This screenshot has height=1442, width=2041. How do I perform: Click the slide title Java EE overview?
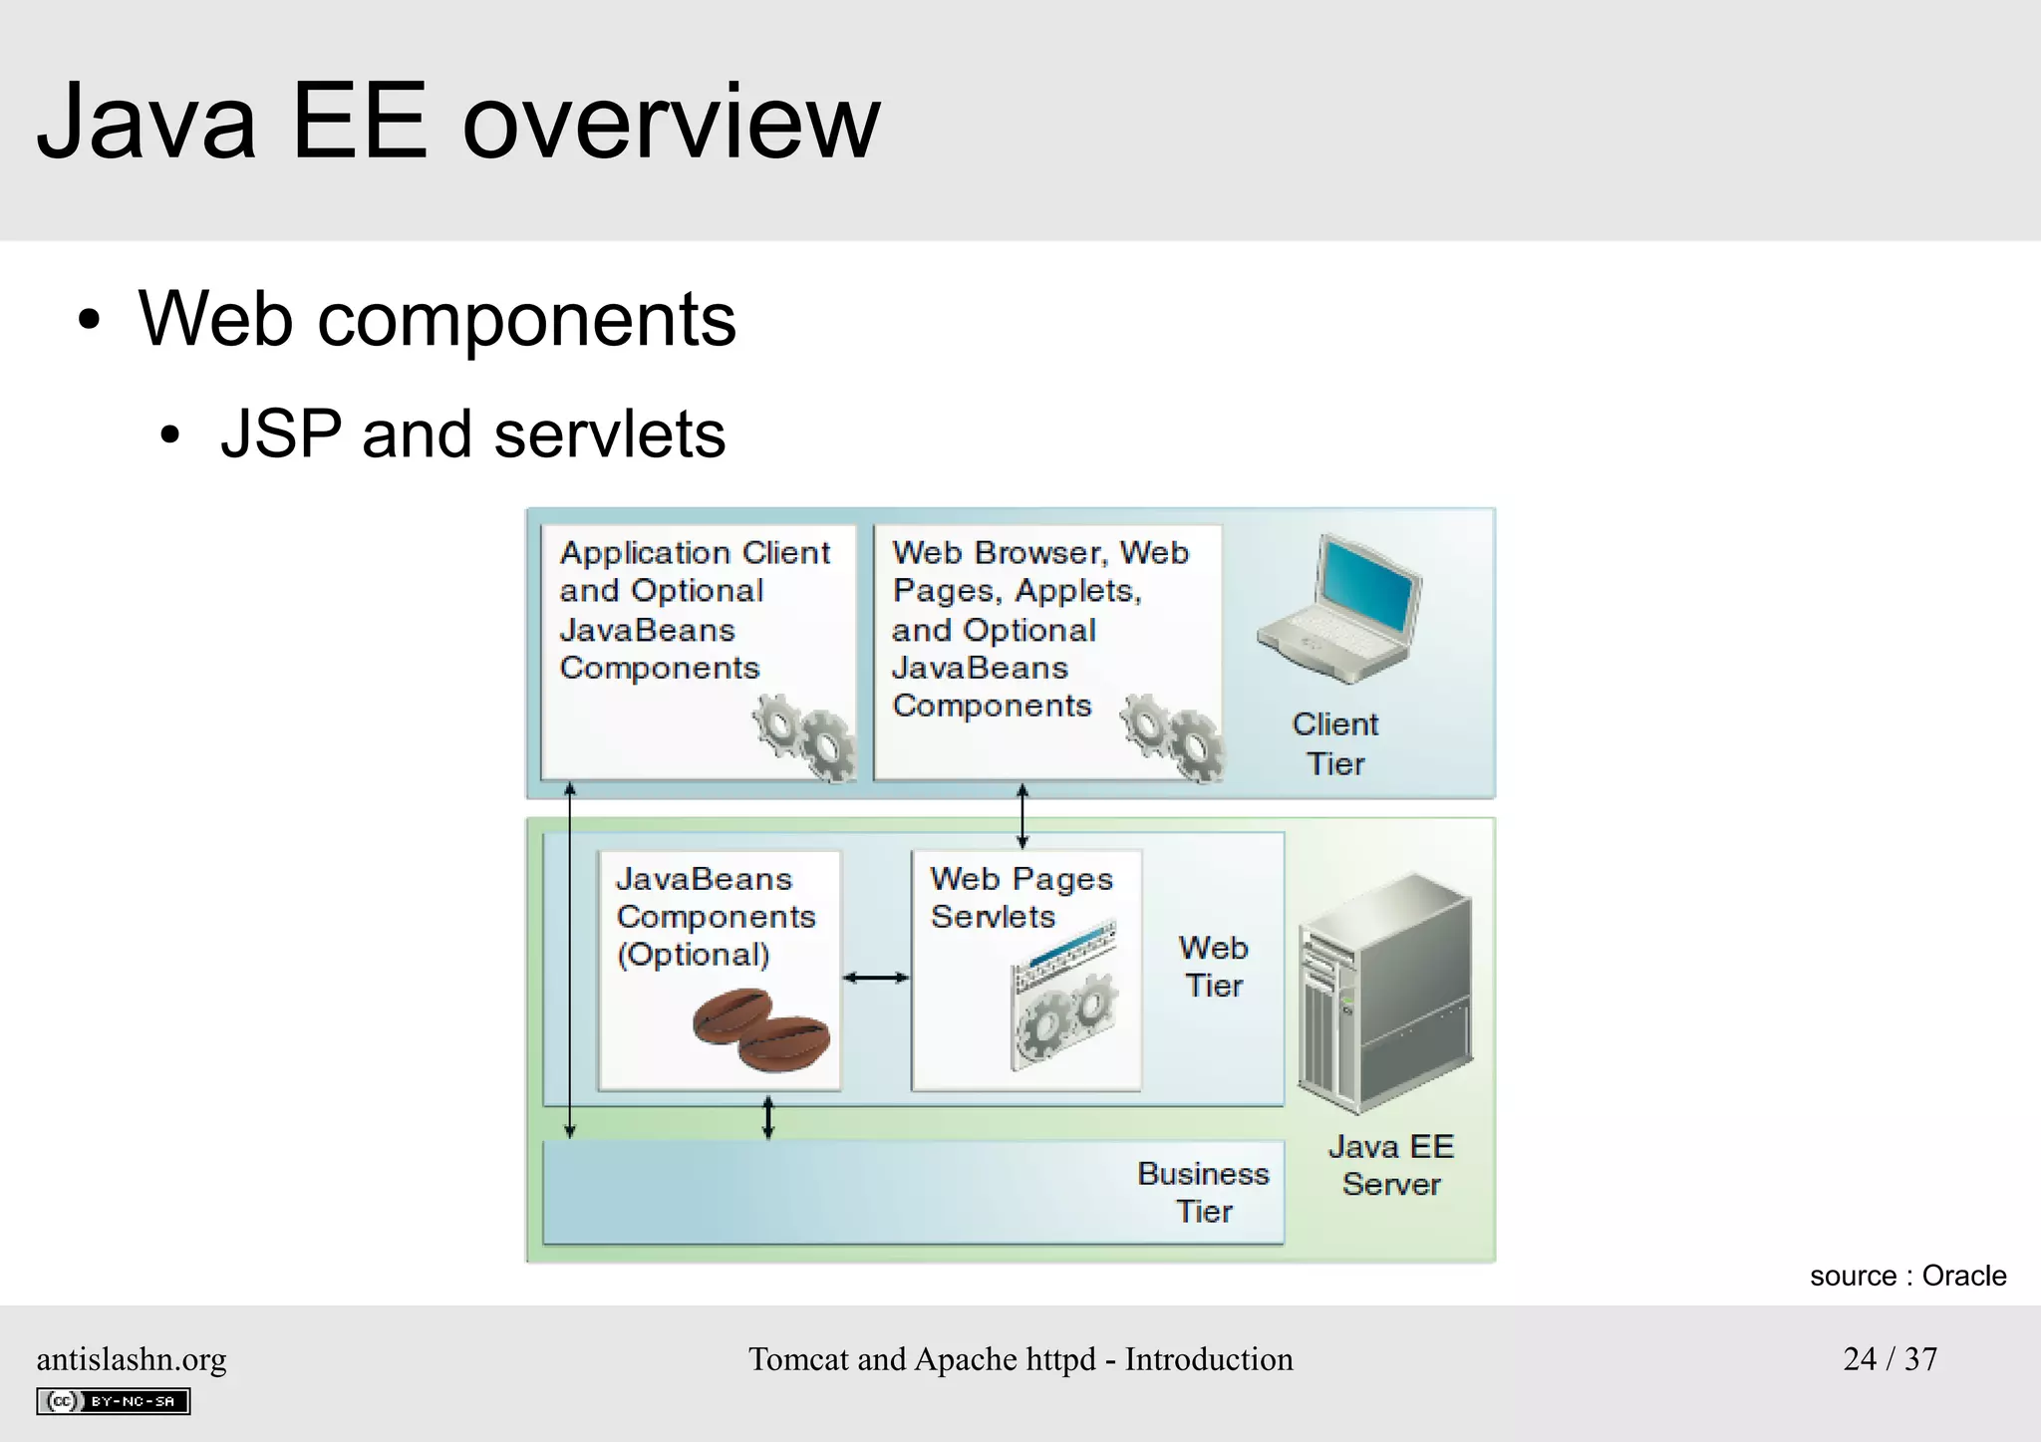click(x=458, y=123)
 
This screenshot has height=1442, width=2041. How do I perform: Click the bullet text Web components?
click(x=437, y=319)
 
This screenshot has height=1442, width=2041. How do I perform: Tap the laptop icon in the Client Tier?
click(x=1340, y=609)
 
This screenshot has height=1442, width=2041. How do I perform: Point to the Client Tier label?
click(x=1334, y=743)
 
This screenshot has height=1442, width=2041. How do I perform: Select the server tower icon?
click(x=1385, y=994)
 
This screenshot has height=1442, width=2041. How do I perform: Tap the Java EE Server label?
click(x=1391, y=1165)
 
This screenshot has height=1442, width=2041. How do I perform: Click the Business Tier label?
click(x=1203, y=1192)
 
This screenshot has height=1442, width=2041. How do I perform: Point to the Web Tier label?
click(x=1213, y=966)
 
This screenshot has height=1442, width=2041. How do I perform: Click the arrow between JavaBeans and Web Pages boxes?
click(x=876, y=978)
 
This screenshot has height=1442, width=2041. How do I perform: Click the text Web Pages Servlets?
click(x=1020, y=897)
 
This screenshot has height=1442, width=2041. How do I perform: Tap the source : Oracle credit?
click(x=1907, y=1276)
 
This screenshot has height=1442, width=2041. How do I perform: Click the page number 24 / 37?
click(x=1890, y=1358)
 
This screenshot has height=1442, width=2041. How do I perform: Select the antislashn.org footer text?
click(x=132, y=1359)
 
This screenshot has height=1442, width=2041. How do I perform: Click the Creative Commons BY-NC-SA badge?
click(x=114, y=1401)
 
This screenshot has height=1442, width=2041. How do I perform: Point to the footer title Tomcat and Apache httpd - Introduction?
click(x=1020, y=1359)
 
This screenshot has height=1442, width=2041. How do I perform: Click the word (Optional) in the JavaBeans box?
click(x=694, y=955)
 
